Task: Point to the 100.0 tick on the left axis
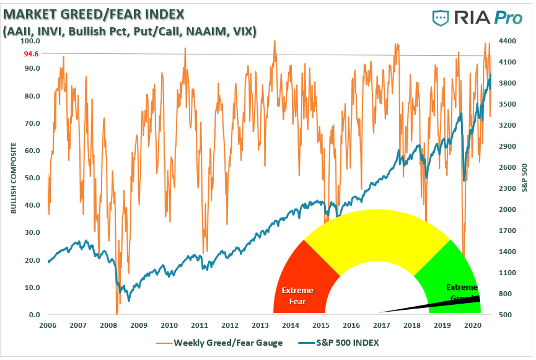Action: (x=31, y=41)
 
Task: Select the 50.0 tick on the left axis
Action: (x=32, y=178)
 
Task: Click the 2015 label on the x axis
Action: (x=320, y=325)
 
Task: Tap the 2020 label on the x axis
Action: (x=472, y=325)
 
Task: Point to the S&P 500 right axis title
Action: (x=524, y=178)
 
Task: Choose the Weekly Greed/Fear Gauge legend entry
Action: (x=227, y=343)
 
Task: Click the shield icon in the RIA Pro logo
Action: (x=441, y=18)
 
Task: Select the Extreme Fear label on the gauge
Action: (x=297, y=296)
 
